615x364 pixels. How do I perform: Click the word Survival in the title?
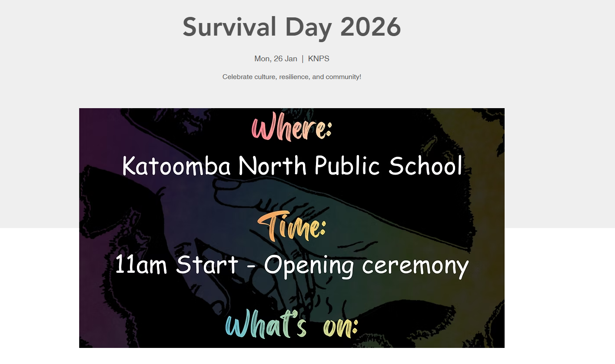(229, 27)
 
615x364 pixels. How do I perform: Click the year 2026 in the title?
(371, 27)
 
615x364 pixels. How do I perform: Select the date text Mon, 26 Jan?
(276, 59)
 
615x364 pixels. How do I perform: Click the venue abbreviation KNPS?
(319, 59)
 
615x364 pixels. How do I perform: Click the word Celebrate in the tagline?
(237, 77)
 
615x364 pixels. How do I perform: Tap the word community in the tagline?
(343, 77)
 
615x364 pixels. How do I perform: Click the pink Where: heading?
(292, 127)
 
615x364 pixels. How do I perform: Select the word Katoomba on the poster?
(176, 165)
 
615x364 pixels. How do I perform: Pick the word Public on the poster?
(347, 165)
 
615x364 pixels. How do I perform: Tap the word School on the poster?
(425, 165)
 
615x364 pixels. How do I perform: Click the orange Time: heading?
(292, 227)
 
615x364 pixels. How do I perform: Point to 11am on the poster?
(141, 265)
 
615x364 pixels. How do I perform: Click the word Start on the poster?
(207, 265)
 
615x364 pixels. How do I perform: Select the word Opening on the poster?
(309, 266)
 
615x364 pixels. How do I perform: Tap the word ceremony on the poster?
(416, 267)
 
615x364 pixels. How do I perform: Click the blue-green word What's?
(266, 324)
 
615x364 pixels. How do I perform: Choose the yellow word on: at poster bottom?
(341, 328)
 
